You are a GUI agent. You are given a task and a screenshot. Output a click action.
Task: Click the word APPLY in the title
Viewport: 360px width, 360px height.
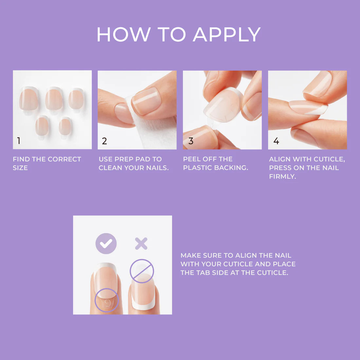pyautogui.click(x=226, y=34)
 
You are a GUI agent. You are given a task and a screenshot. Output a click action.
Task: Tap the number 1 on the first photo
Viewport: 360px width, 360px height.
pyautogui.click(x=19, y=141)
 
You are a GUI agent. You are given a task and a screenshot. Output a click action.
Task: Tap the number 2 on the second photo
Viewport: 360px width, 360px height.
pyautogui.click(x=104, y=141)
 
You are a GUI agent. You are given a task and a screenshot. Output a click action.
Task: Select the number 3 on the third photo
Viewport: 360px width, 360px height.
pyautogui.click(x=191, y=141)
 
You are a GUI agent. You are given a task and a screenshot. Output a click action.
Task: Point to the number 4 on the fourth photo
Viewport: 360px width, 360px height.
pyautogui.click(x=276, y=141)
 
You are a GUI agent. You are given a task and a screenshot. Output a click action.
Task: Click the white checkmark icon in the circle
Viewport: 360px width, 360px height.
pyautogui.click(x=106, y=243)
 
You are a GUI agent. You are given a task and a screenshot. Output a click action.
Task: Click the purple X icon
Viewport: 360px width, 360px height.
pyautogui.click(x=141, y=243)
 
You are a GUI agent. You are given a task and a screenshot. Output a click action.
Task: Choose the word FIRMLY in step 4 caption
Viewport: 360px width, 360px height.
pyautogui.click(x=282, y=176)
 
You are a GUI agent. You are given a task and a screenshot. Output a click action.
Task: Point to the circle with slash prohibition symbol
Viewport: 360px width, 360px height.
pyautogui.click(x=142, y=271)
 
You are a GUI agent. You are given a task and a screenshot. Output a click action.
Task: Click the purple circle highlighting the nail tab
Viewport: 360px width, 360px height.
pyautogui.click(x=106, y=300)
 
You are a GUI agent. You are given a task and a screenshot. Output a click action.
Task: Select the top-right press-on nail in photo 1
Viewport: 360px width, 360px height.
pyautogui.click(x=76, y=99)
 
